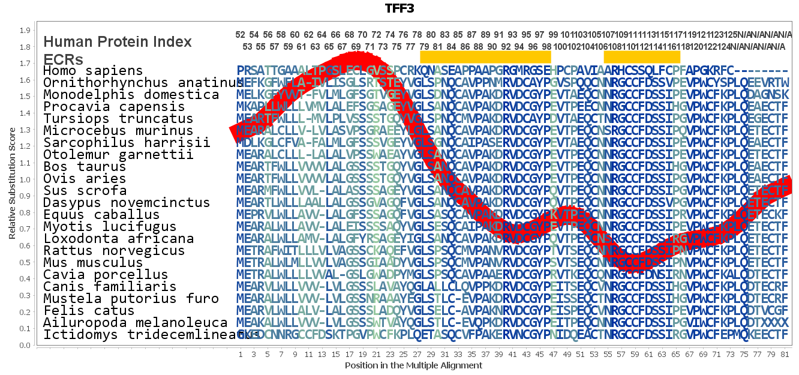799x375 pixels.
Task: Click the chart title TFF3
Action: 399,8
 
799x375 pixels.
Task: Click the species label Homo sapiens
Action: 93,71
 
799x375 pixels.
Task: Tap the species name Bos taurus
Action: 85,167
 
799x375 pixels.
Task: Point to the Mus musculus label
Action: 93,263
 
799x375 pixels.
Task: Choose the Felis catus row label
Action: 89,311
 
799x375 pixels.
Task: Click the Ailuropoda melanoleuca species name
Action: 135,323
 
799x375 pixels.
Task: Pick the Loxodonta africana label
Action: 118,239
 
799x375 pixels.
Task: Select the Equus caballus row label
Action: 101,215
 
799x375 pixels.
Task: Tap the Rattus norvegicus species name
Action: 114,251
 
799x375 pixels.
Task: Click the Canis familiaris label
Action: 110,287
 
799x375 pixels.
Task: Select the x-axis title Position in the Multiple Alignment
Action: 413,365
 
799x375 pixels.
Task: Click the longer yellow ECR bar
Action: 485,56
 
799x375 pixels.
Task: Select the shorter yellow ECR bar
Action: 642,56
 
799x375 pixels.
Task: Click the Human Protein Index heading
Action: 118,41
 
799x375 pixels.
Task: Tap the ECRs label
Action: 63,59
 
